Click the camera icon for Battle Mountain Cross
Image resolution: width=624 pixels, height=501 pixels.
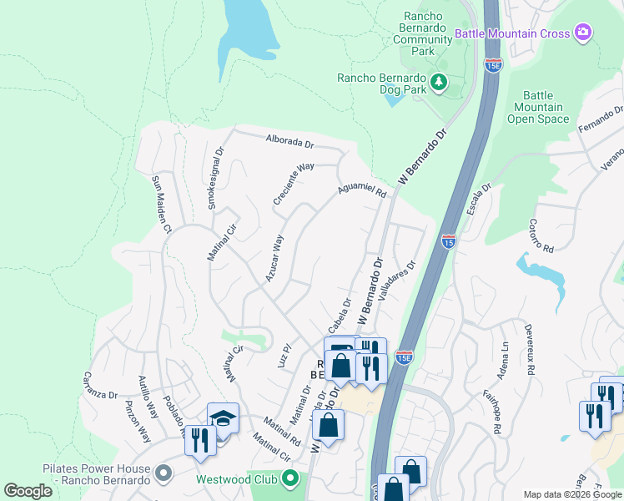click(583, 33)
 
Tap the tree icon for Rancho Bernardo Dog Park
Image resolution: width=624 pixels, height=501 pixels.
click(438, 82)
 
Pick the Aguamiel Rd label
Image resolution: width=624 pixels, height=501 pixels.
click(362, 192)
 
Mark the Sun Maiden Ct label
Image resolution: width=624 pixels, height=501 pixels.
click(161, 204)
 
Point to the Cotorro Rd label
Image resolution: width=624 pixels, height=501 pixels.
click(541, 236)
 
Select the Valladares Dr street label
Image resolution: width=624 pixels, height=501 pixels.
click(396, 285)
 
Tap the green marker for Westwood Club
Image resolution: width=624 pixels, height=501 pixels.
click(290, 479)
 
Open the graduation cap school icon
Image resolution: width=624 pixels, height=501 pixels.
click(224, 418)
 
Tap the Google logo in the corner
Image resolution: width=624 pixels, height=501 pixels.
click(28, 491)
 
